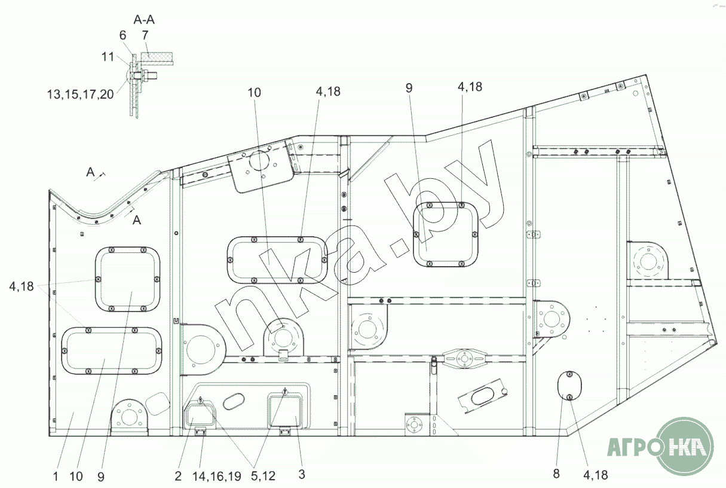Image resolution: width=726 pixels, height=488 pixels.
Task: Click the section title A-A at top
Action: click(144, 20)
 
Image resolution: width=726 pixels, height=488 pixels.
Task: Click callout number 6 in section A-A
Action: click(122, 35)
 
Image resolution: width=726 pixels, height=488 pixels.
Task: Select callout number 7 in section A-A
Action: click(145, 35)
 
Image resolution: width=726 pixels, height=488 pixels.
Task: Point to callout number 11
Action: click(108, 57)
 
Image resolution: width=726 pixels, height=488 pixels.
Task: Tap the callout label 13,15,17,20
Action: click(81, 94)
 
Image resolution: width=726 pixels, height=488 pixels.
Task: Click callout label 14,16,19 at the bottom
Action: click(216, 476)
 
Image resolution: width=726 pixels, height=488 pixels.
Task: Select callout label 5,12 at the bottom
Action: click(263, 476)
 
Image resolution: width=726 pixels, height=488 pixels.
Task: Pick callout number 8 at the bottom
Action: click(556, 474)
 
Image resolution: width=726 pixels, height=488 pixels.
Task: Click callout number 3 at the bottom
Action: click(301, 474)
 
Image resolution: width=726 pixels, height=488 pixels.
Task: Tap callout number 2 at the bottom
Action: click(178, 476)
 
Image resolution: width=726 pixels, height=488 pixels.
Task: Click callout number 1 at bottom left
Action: click(56, 477)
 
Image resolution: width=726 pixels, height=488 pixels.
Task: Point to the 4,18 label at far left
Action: click(22, 286)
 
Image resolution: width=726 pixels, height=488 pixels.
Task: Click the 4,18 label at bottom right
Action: click(595, 475)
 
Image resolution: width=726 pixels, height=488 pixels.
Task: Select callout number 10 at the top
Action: click(254, 93)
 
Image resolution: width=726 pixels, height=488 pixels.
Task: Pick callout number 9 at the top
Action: click(409, 88)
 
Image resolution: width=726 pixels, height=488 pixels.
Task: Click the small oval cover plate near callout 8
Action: click(569, 386)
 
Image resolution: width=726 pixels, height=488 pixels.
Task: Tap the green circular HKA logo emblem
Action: click(685, 447)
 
